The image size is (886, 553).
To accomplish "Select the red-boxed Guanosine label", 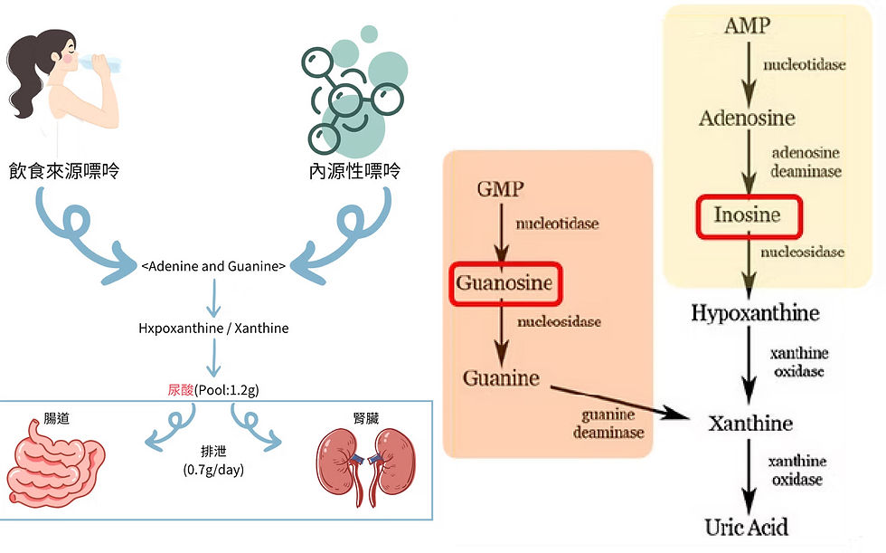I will [x=504, y=283].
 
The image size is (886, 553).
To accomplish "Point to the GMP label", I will [x=499, y=189].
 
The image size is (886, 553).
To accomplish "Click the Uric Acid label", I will [x=747, y=527].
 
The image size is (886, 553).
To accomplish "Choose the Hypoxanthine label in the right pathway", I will [x=755, y=313].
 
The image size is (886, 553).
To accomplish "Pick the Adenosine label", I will [x=747, y=118].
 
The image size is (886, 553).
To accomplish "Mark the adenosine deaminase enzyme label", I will [x=806, y=162].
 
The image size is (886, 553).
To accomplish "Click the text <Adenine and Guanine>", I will [x=213, y=266].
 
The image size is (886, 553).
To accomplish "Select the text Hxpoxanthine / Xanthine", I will [x=213, y=328].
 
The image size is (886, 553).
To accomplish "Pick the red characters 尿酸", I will [x=181, y=390].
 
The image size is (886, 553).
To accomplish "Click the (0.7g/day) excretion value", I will [x=213, y=470].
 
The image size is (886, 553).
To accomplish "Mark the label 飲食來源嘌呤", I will [x=77, y=169].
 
